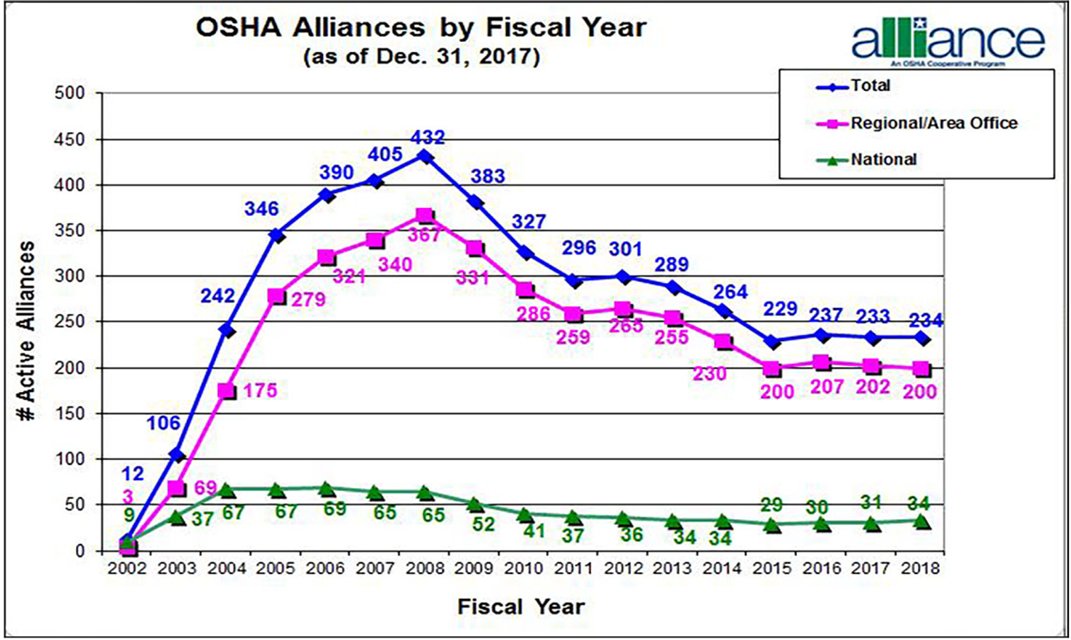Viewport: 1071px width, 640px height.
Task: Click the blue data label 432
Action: point(425,139)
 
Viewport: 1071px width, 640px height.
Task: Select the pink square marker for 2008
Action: point(425,216)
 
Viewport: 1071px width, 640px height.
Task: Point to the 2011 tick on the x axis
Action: point(573,569)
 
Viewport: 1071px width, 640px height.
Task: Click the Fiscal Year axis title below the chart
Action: point(522,607)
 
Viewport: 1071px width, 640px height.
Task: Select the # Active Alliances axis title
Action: point(32,322)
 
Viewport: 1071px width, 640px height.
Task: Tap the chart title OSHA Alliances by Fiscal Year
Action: point(420,29)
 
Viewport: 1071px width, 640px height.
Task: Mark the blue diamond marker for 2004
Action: point(227,330)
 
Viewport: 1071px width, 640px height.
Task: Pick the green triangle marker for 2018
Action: point(922,520)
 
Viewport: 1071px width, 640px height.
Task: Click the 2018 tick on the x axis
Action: point(922,569)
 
